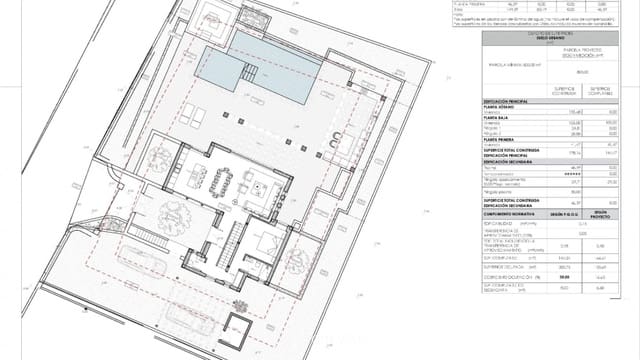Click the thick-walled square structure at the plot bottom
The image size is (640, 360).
pyautogui.click(x=239, y=325)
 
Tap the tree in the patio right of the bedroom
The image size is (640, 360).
pyautogui.click(x=300, y=262)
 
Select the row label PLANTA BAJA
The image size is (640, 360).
pyautogui.click(x=501, y=117)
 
